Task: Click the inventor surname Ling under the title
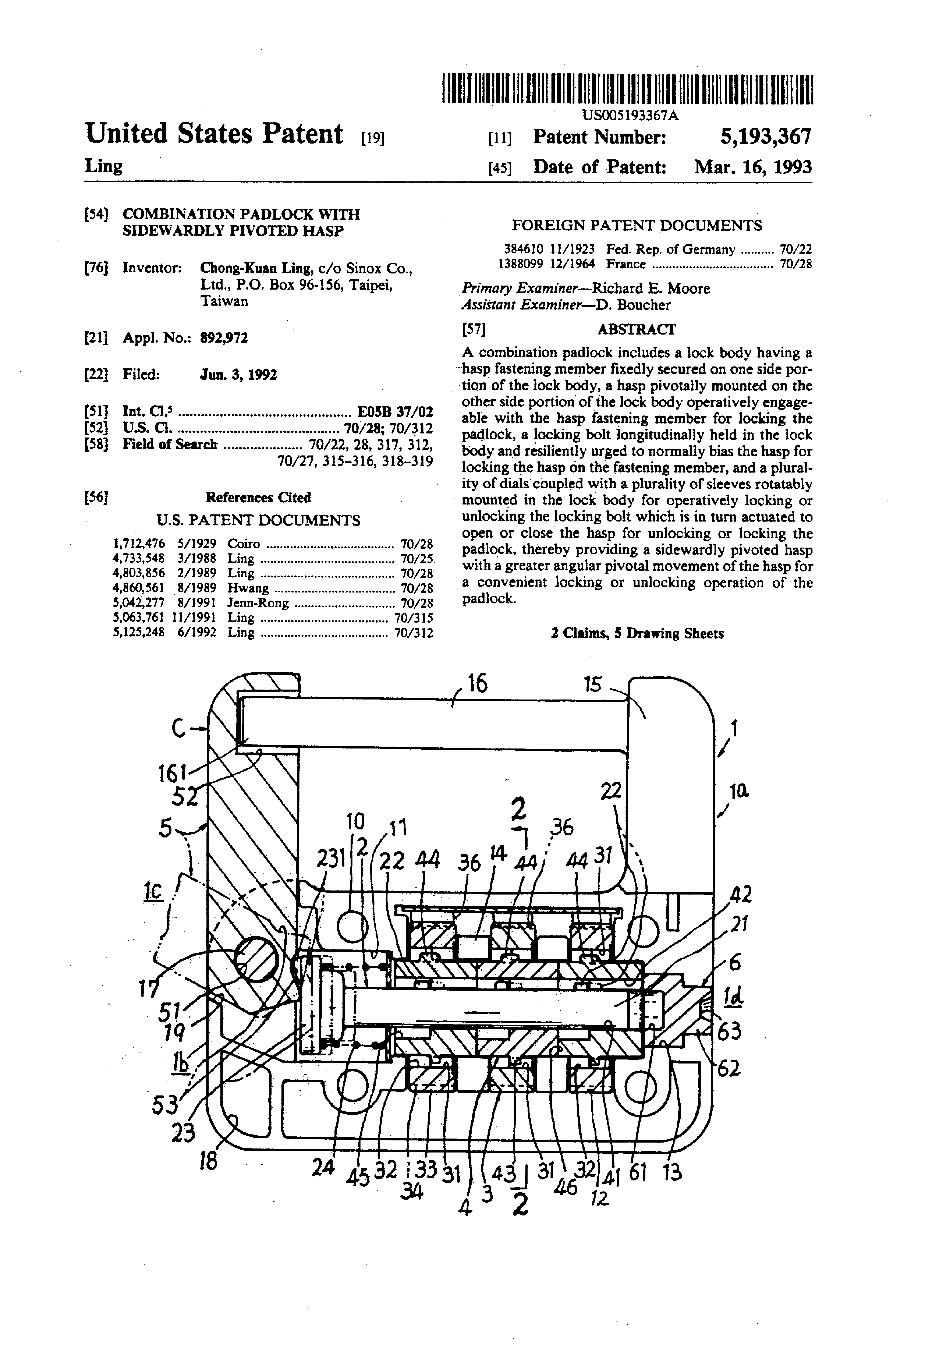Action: click(x=104, y=166)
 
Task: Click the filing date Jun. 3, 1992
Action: click(x=239, y=375)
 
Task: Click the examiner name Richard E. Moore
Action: click(x=651, y=288)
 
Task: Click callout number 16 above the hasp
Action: click(x=477, y=683)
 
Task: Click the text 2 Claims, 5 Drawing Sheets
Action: click(x=637, y=633)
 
